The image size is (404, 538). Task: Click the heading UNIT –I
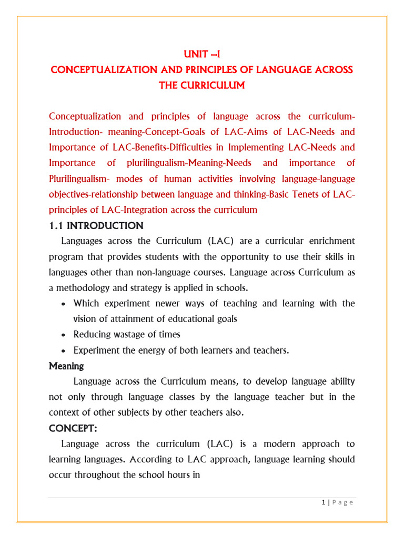(202, 54)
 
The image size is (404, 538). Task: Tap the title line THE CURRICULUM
(202, 85)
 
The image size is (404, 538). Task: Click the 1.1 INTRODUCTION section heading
(96, 226)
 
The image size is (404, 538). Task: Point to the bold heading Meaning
(66, 365)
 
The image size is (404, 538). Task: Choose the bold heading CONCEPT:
(73, 428)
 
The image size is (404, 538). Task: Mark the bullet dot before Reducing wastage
(63, 335)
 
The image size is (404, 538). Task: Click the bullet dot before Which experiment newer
(63, 304)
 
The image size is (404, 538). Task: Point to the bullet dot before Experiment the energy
(63, 351)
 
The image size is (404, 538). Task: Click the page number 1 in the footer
(324, 502)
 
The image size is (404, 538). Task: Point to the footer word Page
(342, 502)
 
